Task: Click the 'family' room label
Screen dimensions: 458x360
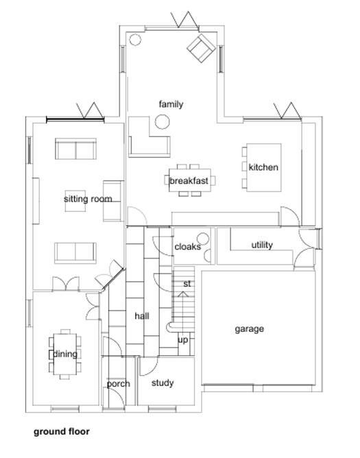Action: (171, 104)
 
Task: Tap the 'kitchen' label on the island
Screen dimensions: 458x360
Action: (263, 167)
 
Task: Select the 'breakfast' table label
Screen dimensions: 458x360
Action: (189, 181)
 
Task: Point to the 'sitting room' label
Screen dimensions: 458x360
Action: (88, 200)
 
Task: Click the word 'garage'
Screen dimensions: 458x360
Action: (249, 329)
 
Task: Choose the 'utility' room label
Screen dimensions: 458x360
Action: (262, 245)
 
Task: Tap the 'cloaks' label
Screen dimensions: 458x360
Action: (187, 247)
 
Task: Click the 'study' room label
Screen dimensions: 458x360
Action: (163, 383)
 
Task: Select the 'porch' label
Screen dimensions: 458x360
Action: (118, 384)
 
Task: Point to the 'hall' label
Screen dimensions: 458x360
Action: (142, 316)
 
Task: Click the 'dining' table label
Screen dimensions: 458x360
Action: (65, 354)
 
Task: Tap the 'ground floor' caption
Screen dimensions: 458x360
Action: (62, 432)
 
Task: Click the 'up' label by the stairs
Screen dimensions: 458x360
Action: (183, 340)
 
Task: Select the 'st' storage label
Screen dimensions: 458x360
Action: (187, 284)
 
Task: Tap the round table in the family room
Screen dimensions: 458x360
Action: (163, 123)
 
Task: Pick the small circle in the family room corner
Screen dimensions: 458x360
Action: (135, 40)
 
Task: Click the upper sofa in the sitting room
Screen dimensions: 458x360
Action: (75, 149)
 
